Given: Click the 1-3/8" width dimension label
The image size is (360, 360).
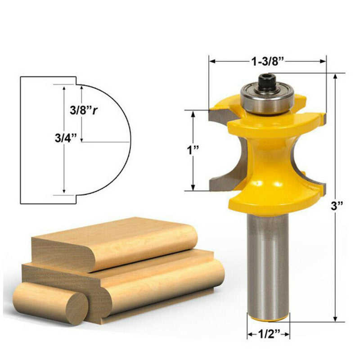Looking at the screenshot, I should (x=267, y=62).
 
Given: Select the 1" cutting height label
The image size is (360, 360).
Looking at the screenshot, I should (x=193, y=150).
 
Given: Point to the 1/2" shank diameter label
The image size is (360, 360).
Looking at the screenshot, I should (x=268, y=334).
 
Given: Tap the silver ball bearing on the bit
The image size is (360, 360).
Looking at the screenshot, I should (x=267, y=99).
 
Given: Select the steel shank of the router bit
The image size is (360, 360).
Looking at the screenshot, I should (x=268, y=265).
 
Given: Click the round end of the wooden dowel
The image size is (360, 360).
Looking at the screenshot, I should (x=72, y=308).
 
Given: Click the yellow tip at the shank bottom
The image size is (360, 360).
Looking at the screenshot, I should (x=268, y=318).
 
